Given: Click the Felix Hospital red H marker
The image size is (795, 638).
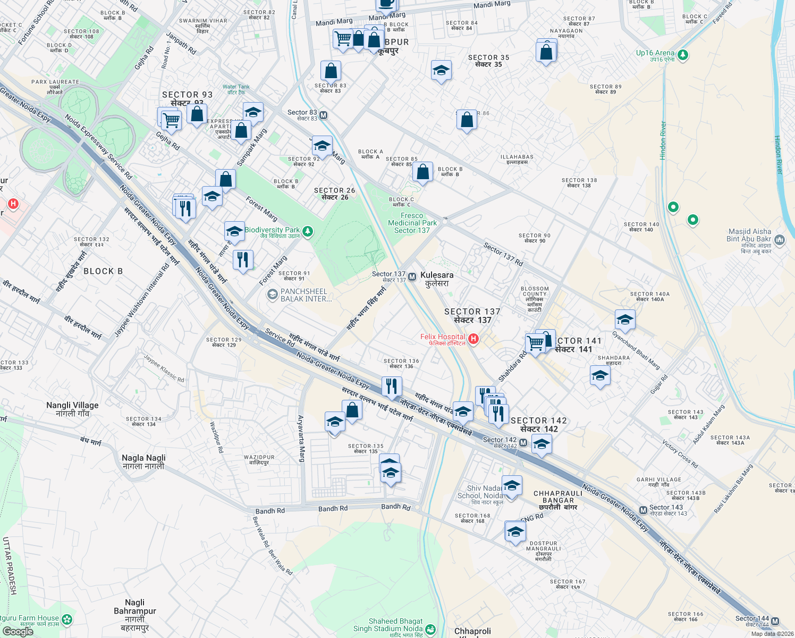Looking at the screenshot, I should pyautogui.click(x=473, y=339).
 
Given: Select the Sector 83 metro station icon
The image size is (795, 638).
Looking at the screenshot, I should pyautogui.click(x=323, y=115).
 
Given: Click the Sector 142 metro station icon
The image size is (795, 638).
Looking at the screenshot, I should pyautogui.click(x=523, y=442).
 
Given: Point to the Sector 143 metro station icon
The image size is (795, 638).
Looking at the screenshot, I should pyautogui.click(x=643, y=510).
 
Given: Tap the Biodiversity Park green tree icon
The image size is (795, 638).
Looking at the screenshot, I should pyautogui.click(x=307, y=231).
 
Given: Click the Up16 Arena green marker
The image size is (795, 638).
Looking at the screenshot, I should pyautogui.click(x=683, y=55).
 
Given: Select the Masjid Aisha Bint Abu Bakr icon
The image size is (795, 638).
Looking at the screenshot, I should pyautogui.click(x=780, y=240).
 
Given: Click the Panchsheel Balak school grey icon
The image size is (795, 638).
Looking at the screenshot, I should pyautogui.click(x=272, y=295).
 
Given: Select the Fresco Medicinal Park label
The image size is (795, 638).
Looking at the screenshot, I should pyautogui.click(x=412, y=223).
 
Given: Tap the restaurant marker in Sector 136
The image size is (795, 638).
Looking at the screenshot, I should pyautogui.click(x=392, y=387).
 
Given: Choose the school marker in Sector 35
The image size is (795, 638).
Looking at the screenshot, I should pyautogui.click(x=441, y=71).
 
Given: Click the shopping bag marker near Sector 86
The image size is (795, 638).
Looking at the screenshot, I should pyautogui.click(x=467, y=120).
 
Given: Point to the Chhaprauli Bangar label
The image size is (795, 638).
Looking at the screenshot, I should pyautogui.click(x=558, y=497).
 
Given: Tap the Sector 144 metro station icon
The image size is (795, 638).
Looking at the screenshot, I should pyautogui.click(x=775, y=621).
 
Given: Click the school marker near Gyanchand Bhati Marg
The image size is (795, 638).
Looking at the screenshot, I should pyautogui.click(x=625, y=320).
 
